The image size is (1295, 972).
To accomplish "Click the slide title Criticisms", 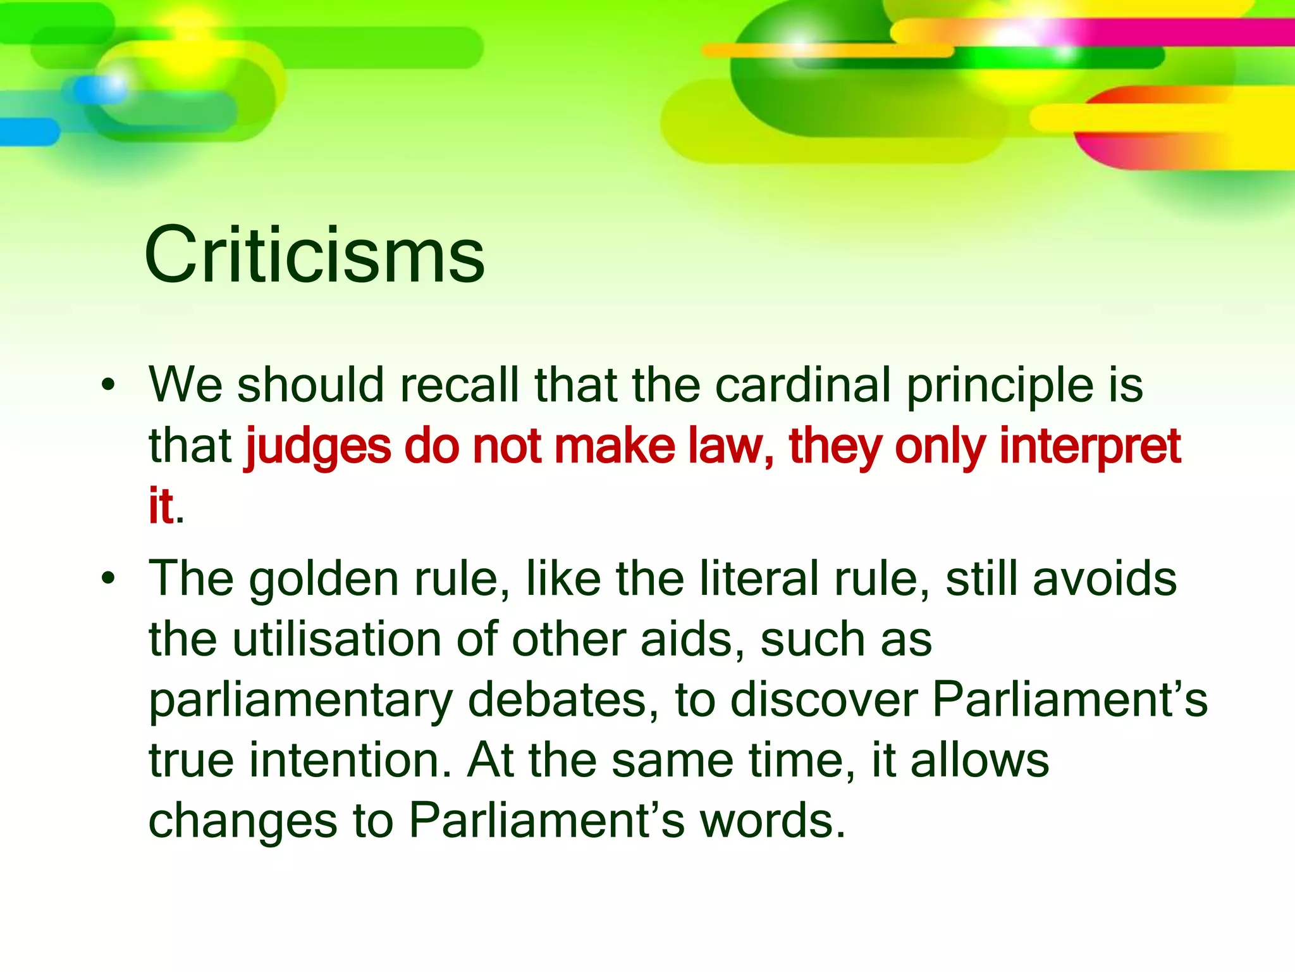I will pos(314,255).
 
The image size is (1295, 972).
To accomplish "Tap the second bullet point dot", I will pos(109,578).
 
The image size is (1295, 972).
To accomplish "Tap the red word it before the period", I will pos(161,506).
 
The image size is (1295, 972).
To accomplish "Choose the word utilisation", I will pos(338,639).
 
